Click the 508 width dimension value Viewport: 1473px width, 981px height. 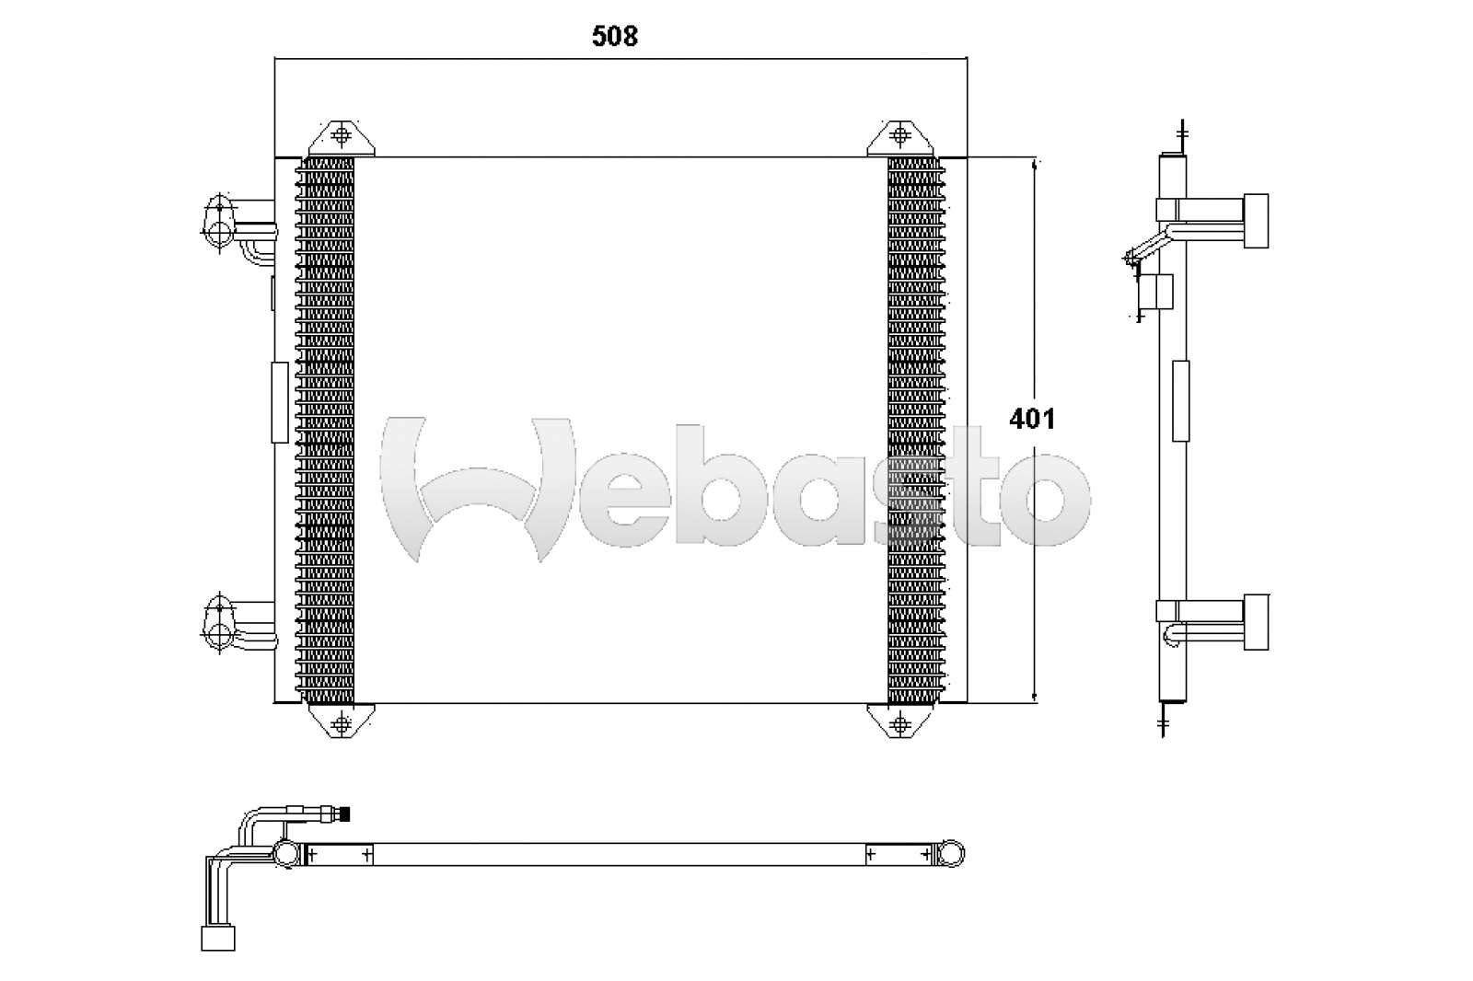tap(615, 36)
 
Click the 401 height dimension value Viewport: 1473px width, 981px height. tap(1032, 419)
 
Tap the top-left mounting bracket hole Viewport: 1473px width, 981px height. tap(342, 136)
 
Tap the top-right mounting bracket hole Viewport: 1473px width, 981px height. tap(900, 136)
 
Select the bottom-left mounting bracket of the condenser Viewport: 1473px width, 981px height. tap(342, 721)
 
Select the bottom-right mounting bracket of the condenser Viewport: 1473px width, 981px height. tap(899, 721)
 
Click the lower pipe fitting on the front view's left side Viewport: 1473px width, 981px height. tap(221, 624)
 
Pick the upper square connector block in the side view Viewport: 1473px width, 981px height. tap(1256, 221)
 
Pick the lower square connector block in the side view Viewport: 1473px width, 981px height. tap(1256, 622)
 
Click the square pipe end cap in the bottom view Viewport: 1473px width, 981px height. tap(218, 938)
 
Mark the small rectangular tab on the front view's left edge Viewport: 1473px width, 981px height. tap(279, 402)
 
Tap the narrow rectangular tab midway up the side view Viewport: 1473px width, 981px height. tap(1180, 400)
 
